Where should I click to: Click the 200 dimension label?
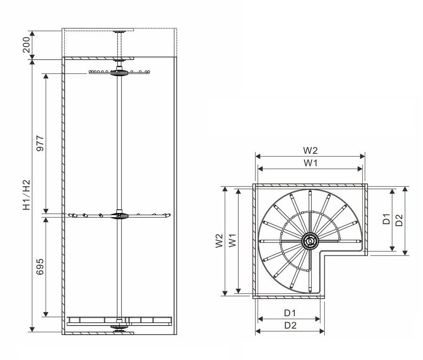(26, 45)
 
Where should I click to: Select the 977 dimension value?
(40, 143)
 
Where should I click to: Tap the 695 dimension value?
(40, 266)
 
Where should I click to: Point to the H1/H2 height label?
(26, 195)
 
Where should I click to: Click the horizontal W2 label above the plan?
(310, 150)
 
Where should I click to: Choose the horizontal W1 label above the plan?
(311, 163)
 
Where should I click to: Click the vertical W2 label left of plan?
(219, 241)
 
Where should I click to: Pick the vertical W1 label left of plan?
(232, 240)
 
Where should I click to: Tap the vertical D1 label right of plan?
(386, 219)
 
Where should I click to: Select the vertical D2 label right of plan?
(399, 220)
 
